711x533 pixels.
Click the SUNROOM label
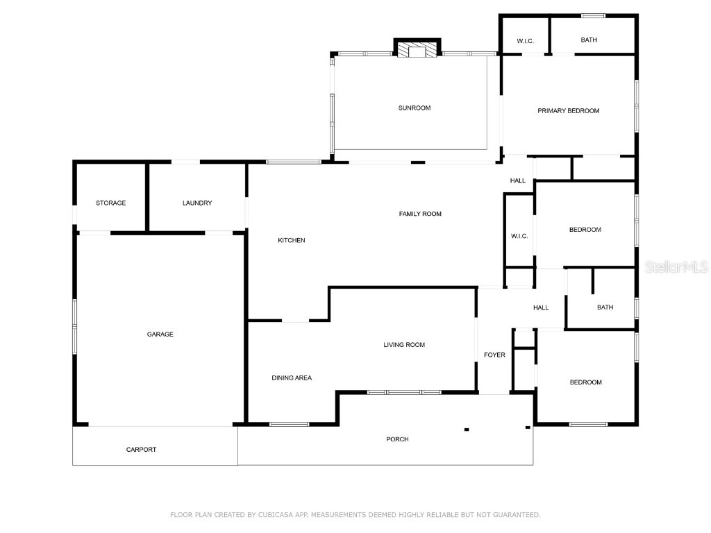click(415, 108)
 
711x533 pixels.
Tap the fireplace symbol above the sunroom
click(417, 50)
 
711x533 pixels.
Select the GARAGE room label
click(160, 335)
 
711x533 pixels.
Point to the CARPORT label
click(141, 450)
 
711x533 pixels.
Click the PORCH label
click(397, 439)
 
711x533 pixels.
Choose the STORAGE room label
click(111, 203)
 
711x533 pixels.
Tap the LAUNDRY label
click(197, 203)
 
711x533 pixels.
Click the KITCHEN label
click(292, 241)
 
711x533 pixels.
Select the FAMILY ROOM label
click(420, 214)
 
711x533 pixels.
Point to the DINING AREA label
click(292, 378)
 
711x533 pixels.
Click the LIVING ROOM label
click(404, 345)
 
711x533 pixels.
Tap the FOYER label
click(494, 355)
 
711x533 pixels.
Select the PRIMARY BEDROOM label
click(568, 111)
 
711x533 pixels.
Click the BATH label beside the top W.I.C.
click(589, 40)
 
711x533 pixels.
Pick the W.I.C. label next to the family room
click(519, 237)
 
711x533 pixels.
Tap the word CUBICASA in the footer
click(274, 515)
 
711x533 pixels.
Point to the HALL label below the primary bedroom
click(518, 181)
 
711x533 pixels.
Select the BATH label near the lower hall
click(605, 307)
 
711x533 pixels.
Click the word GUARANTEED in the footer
click(515, 515)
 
